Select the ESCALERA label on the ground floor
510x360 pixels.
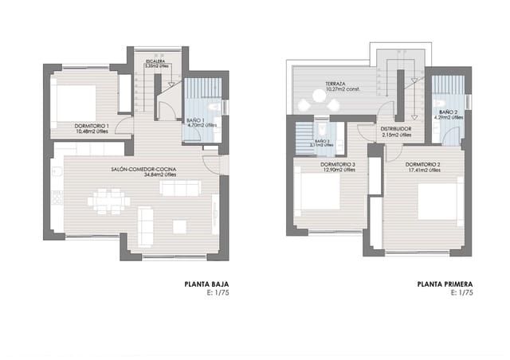[155, 61]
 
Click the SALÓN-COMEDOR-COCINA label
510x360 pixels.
[144, 169]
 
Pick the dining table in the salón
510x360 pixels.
[109, 201]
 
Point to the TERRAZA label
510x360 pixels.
[335, 84]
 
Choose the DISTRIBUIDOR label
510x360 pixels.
[395, 128]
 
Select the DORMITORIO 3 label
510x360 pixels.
[338, 165]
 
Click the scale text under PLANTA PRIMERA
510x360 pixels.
[462, 292]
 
